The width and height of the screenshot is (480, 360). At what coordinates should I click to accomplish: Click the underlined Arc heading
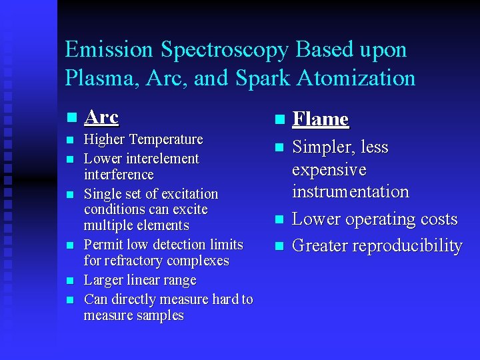tap(101, 117)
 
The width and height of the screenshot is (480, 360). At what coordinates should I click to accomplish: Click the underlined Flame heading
tap(321, 119)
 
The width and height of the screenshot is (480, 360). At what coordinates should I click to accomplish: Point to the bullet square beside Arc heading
tap(70, 118)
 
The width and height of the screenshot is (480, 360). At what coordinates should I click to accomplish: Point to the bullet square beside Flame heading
tap(279, 120)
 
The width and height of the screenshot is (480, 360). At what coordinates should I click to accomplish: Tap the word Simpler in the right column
tap(321, 147)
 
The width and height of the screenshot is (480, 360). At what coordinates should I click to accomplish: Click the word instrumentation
tap(350, 191)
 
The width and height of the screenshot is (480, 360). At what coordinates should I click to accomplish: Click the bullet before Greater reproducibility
tap(279, 246)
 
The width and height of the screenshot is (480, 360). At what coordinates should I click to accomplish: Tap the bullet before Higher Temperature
tap(70, 140)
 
